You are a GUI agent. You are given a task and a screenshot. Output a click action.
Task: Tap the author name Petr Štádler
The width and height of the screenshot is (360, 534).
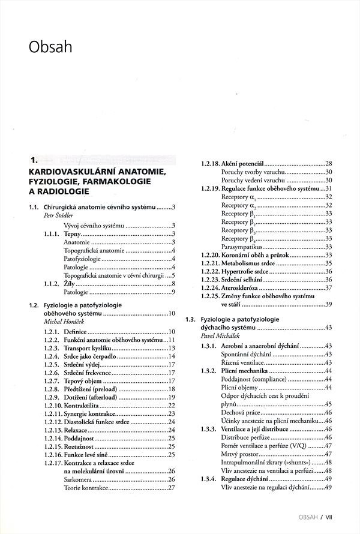[x=61, y=216]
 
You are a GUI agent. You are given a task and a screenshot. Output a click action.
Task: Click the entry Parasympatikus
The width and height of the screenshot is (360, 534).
[x=242, y=247]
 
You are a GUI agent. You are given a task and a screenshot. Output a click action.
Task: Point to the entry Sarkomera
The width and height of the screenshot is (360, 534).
[x=79, y=479]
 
